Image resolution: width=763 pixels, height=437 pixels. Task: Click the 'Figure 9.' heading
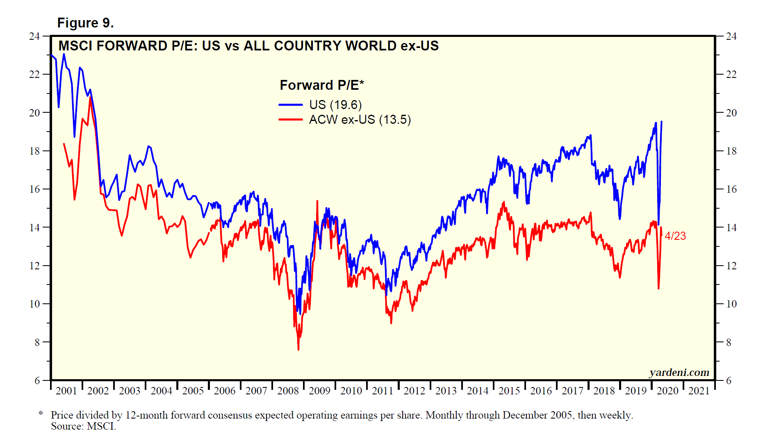pos(85,23)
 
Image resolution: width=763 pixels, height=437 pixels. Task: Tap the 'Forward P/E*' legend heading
pos(322,85)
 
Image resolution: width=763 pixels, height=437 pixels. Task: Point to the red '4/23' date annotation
pos(675,236)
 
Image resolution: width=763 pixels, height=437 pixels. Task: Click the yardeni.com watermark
pos(679,372)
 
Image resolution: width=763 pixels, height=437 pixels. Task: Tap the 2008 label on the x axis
pos(288,391)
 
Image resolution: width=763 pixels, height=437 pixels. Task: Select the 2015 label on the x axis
pos(509,391)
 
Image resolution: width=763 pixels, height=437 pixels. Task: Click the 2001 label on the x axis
pos(66,391)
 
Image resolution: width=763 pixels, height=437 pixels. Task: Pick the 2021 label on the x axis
pos(699,391)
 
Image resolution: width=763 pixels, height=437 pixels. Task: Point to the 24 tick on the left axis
pos(34,36)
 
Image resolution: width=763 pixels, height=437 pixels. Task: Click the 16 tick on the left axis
pos(34,189)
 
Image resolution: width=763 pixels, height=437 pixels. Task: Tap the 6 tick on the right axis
pos(729,380)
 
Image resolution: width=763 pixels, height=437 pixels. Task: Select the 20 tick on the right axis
pos(731,113)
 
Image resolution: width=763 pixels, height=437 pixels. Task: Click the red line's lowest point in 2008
pos(298,350)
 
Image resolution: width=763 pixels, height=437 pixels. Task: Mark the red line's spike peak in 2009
pos(317,201)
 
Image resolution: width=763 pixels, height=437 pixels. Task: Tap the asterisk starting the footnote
pos(41,414)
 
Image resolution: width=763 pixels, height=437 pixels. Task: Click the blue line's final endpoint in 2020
pos(662,121)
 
